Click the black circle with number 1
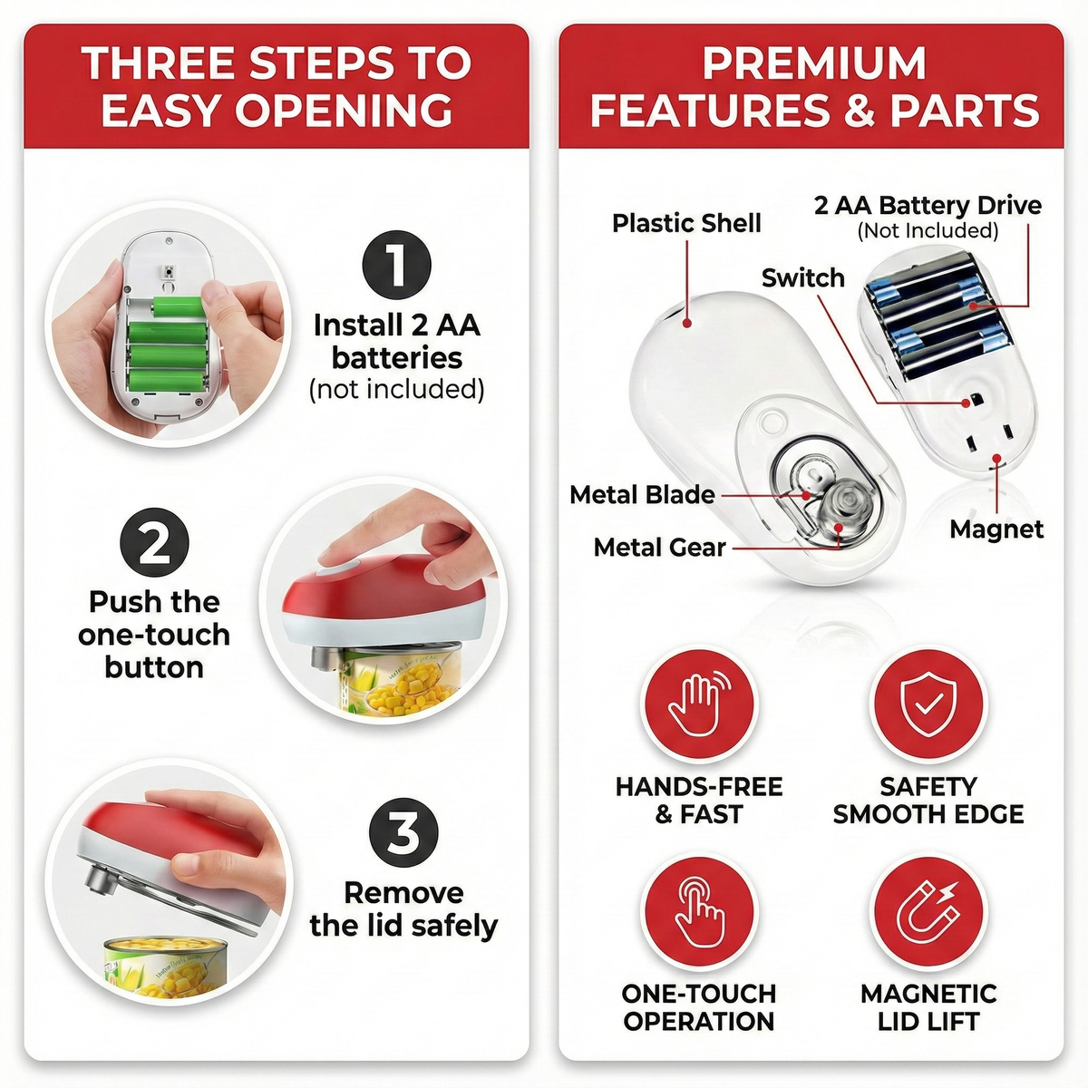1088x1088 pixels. pyautogui.click(x=397, y=265)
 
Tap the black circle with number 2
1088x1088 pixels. pyautogui.click(x=154, y=542)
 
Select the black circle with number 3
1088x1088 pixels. pyautogui.click(x=403, y=833)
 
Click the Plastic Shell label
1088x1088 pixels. pyautogui.click(x=686, y=224)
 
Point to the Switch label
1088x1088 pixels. pyautogui.click(x=803, y=277)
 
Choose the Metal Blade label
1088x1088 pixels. pyautogui.click(x=642, y=495)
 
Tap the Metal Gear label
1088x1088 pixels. pyautogui.click(x=659, y=547)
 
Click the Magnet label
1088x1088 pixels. pyautogui.click(x=996, y=529)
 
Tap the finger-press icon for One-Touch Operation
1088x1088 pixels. pyautogui.click(x=698, y=911)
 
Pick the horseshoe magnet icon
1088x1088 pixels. pyautogui.click(x=928, y=911)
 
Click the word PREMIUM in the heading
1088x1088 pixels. pyautogui.click(x=814, y=63)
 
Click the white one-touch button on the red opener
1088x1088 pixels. pyautogui.click(x=339, y=567)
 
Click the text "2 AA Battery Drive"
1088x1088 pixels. pyautogui.click(x=928, y=206)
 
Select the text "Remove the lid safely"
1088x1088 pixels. pyautogui.click(x=403, y=908)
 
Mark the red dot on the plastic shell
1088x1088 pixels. pyautogui.click(x=687, y=324)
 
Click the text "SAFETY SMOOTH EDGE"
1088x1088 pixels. pyautogui.click(x=928, y=800)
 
